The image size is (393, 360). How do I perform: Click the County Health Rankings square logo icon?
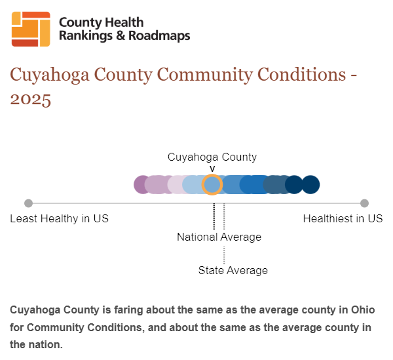pyautogui.click(x=31, y=29)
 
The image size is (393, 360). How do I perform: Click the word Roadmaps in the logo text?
pyautogui.click(x=159, y=35)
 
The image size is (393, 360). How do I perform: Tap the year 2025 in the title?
pyautogui.click(x=31, y=100)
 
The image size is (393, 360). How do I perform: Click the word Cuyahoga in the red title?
pyautogui.click(x=50, y=75)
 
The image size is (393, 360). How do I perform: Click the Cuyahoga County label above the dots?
pyautogui.click(x=212, y=157)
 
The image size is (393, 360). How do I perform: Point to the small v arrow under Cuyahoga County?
pyautogui.click(x=212, y=169)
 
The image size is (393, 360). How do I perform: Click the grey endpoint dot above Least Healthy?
pyautogui.click(x=29, y=203)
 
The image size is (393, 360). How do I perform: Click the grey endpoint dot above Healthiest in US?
pyautogui.click(x=364, y=203)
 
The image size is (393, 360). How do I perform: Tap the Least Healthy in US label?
pyautogui.click(x=59, y=219)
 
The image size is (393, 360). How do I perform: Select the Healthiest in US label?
pyautogui.click(x=343, y=219)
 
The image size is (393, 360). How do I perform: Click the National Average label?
pyautogui.click(x=219, y=237)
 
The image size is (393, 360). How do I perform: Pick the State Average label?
pyautogui.click(x=233, y=270)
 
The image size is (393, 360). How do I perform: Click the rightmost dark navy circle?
pyautogui.click(x=310, y=185)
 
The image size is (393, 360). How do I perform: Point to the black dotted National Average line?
pyautogui.click(x=214, y=216)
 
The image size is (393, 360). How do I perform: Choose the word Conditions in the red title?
pyautogui.click(x=301, y=75)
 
